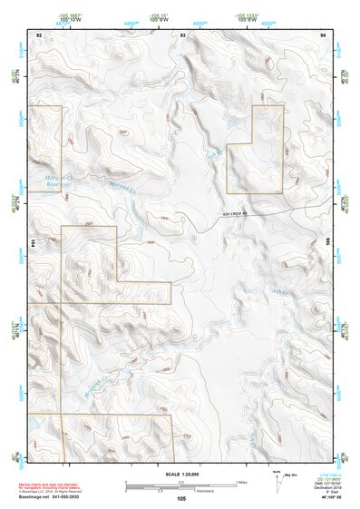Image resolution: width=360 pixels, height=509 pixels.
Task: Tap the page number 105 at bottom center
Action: coord(181,499)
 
